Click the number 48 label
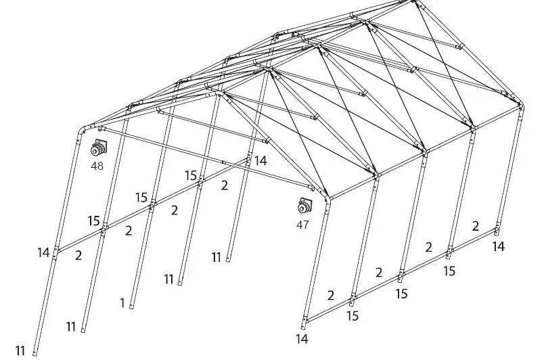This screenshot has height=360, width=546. click(x=97, y=165)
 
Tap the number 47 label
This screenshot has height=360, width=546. click(x=302, y=225)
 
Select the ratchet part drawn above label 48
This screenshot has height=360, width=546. click(x=99, y=148)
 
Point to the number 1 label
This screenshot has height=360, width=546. click(x=122, y=303)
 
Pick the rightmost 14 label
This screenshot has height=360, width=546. click(x=498, y=247)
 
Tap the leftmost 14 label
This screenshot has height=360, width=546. click(x=43, y=253)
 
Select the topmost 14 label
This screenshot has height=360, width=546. click(x=260, y=160)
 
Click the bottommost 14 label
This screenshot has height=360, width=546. click(x=302, y=338)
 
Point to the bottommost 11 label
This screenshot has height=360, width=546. click(x=20, y=351)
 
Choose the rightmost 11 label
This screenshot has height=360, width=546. click(x=217, y=257)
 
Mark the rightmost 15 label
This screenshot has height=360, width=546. click(x=449, y=271)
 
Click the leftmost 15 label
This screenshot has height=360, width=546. click(x=94, y=221)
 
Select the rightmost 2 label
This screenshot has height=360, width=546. click(x=476, y=226)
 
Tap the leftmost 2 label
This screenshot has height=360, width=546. click(x=78, y=255)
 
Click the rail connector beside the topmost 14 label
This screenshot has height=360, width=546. click(x=248, y=161)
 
